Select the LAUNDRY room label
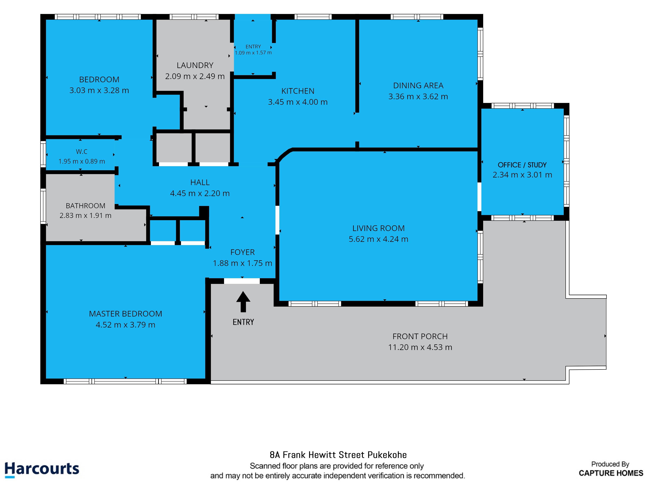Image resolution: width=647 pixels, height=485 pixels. pos(195,65)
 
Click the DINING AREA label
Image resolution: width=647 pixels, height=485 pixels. pos(418,85)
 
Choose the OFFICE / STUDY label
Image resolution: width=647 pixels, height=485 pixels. pos(522,165)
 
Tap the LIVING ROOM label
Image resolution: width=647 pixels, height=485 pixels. pos(378,228)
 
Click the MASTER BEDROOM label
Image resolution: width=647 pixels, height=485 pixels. pos(126,314)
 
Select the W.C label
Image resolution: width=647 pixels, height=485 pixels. pos(82,151)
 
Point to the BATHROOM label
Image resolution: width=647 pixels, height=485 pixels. pos(85,206)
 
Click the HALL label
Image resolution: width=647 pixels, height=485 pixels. pos(200,182)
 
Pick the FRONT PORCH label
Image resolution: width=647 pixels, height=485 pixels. pos(420,336)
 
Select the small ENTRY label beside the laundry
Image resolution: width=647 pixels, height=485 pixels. pos(253,47)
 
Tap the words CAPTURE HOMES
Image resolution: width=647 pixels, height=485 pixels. pos(611,473)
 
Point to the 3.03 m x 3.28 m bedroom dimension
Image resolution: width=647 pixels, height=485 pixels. pos(99,90)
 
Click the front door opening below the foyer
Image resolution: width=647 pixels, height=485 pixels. pos(242,281)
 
